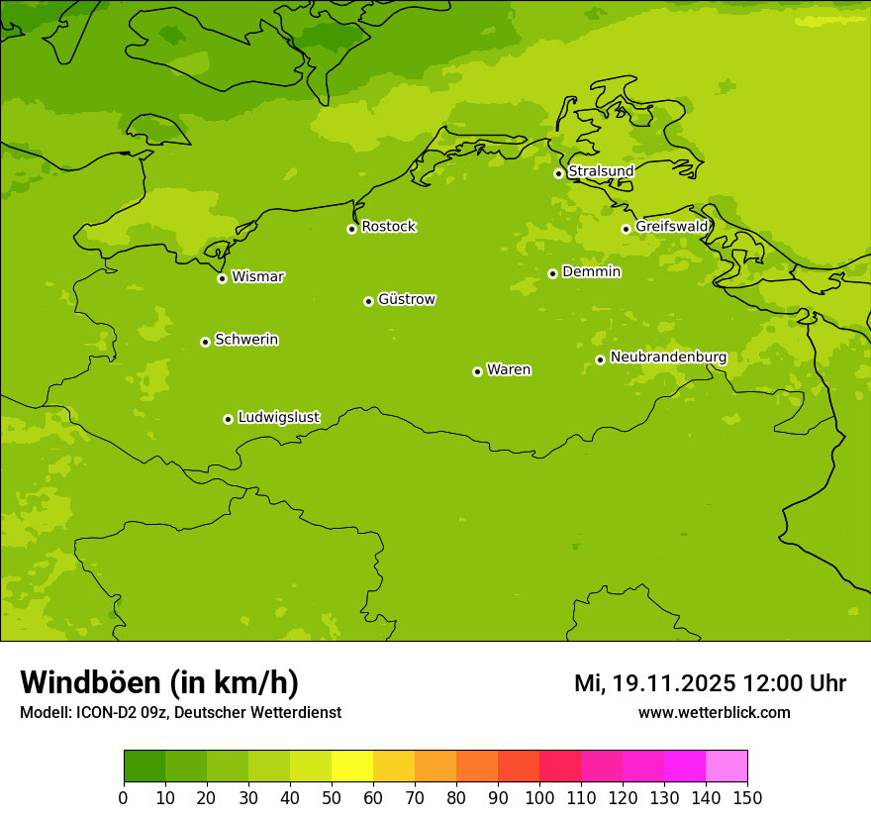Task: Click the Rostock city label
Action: coord(388,227)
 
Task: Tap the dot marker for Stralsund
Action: coord(558,173)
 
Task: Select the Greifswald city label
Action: coord(671,227)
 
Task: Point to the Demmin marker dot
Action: coord(552,273)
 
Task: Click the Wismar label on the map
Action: coord(257,276)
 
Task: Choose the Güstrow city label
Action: coord(406,299)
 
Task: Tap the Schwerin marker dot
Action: coord(205,342)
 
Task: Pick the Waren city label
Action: coord(508,369)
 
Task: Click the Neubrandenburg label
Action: coord(668,357)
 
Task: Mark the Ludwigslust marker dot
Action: coord(228,419)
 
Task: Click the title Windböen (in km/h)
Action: coord(159,682)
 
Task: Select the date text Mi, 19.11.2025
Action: coord(654,683)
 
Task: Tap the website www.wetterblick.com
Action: coord(714,712)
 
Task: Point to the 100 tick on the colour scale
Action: coord(539,797)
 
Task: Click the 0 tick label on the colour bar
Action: coord(124,797)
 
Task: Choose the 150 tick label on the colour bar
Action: coord(747,797)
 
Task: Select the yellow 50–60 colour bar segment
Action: coord(352,767)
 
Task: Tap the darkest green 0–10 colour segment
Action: coord(145,767)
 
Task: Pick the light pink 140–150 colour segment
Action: coord(726,767)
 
